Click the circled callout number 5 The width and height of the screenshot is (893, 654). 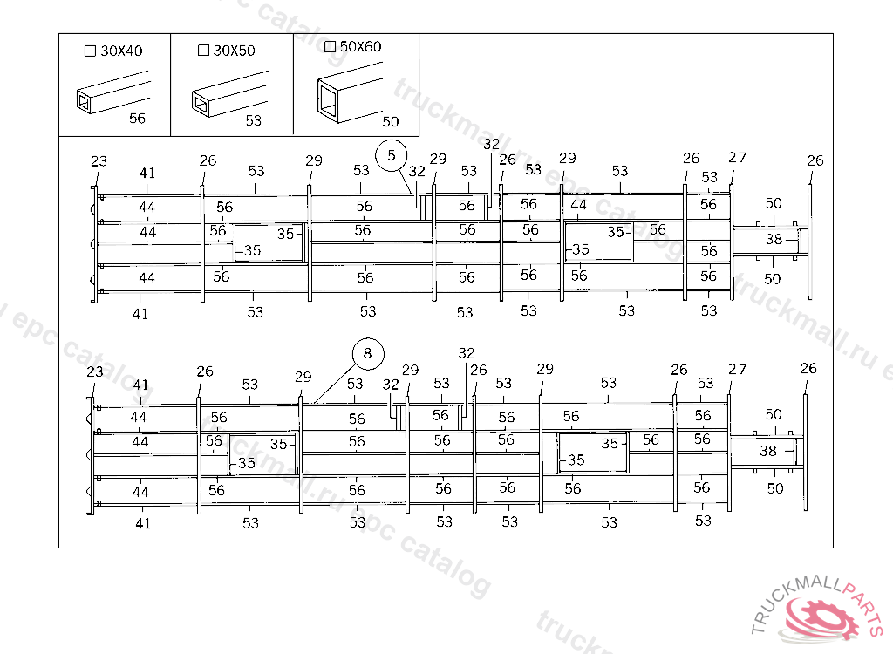click(392, 155)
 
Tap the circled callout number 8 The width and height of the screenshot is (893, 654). click(367, 353)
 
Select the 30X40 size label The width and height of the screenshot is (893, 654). click(121, 51)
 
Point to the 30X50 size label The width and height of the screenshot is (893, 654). click(234, 51)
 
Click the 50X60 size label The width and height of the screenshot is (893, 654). click(360, 46)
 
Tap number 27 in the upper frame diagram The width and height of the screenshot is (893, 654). click(738, 158)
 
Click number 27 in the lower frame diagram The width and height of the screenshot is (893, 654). click(737, 370)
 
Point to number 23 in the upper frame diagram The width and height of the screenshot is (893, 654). click(99, 161)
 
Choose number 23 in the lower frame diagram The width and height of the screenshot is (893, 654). click(95, 371)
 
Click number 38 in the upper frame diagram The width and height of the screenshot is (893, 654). click(774, 240)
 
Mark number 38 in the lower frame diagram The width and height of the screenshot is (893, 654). click(768, 452)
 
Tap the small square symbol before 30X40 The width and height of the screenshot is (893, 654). click(89, 51)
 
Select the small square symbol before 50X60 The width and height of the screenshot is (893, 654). click(330, 46)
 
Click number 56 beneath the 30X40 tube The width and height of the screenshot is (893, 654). click(137, 119)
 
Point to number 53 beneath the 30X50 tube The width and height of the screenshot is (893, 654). click(253, 121)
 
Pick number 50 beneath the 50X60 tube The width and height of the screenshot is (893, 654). click(391, 122)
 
